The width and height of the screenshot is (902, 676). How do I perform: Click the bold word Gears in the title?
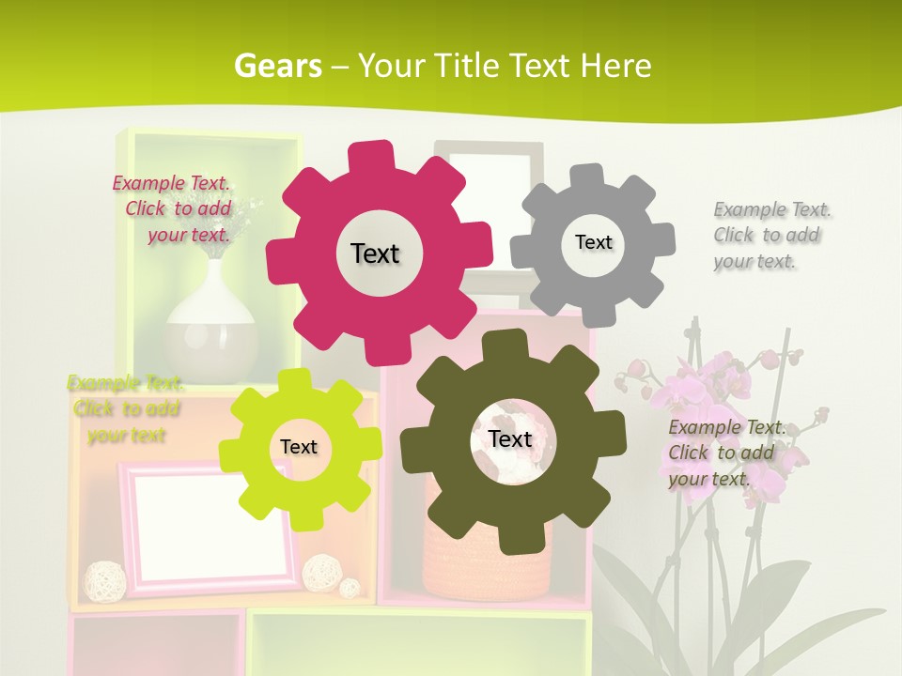tap(277, 67)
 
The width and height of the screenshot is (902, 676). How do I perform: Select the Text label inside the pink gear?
tap(375, 253)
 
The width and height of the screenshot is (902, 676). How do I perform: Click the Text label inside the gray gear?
tap(593, 242)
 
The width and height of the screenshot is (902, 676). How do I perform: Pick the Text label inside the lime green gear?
tap(299, 447)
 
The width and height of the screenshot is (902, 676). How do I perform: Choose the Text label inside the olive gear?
tap(510, 438)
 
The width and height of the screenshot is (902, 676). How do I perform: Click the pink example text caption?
tap(174, 208)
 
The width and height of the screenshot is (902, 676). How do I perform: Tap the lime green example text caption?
tap(126, 408)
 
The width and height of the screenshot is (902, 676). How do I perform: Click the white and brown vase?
tap(211, 324)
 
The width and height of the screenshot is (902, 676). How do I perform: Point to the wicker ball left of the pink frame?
tap(99, 580)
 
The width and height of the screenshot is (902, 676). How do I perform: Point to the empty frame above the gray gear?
tap(489, 174)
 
